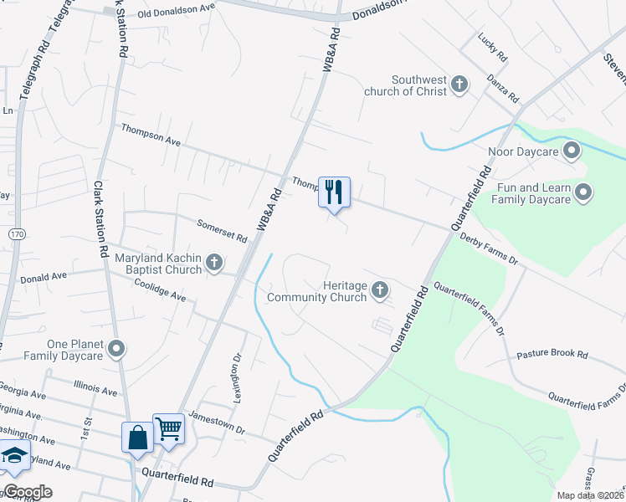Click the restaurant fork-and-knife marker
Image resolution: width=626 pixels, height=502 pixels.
[x=334, y=192]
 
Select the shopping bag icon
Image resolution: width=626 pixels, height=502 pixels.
[x=137, y=436]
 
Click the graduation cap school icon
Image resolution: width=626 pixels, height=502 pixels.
[x=14, y=456]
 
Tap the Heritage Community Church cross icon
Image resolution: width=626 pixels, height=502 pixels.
[x=380, y=290]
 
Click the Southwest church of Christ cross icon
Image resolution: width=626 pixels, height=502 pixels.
[x=459, y=84]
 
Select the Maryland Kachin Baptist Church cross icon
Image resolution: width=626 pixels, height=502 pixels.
[x=214, y=263]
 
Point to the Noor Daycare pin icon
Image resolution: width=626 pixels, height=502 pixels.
[x=572, y=151]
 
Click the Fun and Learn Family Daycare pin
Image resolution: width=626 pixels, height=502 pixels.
[x=584, y=193]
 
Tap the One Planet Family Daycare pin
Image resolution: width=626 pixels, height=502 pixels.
[x=118, y=349]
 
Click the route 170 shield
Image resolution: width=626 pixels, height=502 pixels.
[x=17, y=235]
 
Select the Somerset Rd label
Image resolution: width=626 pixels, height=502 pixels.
[x=223, y=231]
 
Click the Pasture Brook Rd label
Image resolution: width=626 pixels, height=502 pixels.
[x=552, y=354]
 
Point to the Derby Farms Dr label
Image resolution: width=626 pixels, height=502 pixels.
[x=490, y=249]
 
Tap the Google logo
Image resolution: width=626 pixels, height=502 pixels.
[x=28, y=492]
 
